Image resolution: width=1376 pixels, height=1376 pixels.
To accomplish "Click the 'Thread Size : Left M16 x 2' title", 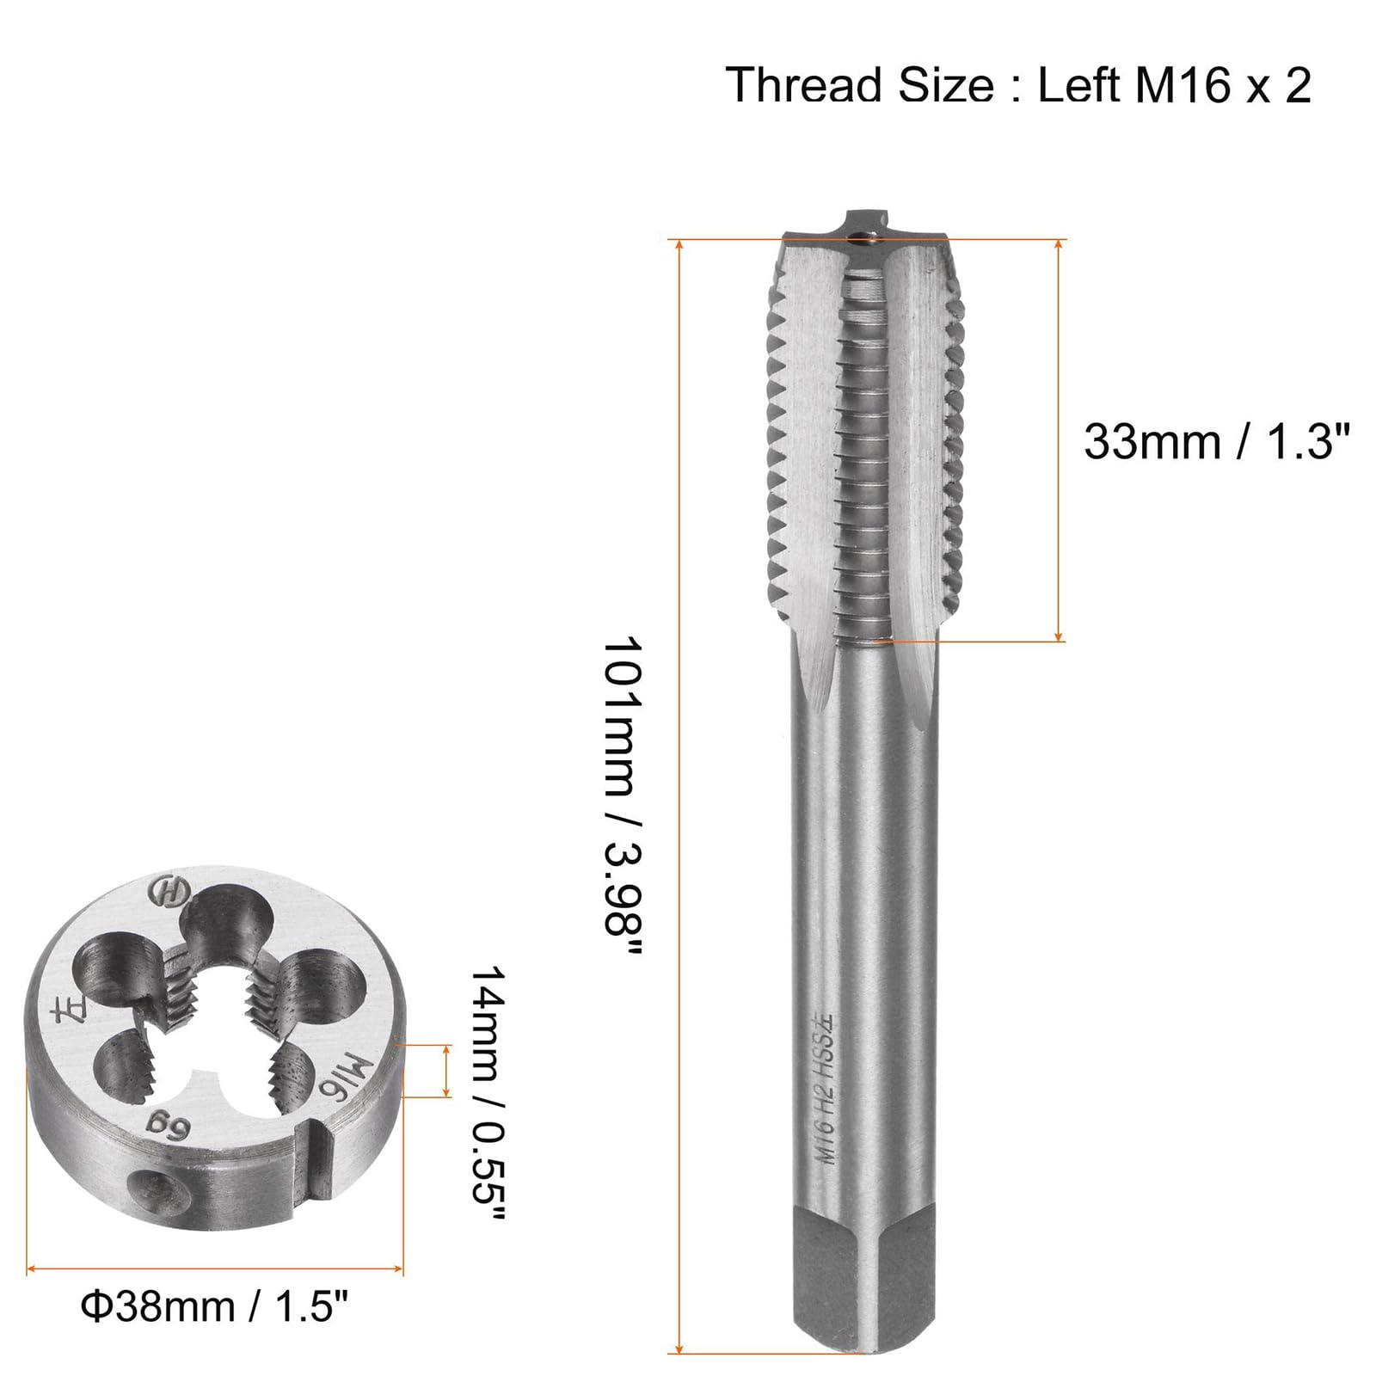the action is [x=1018, y=85].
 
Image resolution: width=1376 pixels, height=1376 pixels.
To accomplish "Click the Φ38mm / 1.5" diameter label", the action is [x=214, y=1307].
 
